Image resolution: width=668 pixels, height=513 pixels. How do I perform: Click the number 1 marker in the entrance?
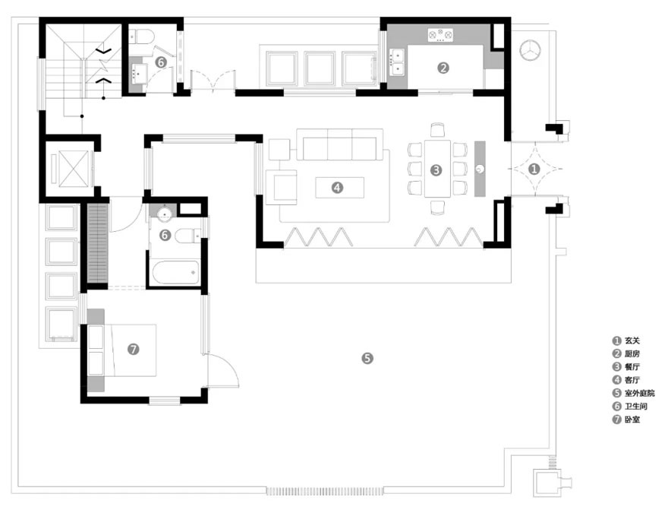pyautogui.click(x=534, y=169)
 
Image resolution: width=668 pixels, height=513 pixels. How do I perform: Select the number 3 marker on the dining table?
pyautogui.click(x=436, y=170)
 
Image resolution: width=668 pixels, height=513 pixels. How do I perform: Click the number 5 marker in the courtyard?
pyautogui.click(x=367, y=357)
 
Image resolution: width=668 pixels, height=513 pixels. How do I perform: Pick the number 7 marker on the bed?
pyautogui.click(x=134, y=349)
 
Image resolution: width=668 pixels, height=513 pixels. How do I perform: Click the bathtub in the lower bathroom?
pyautogui.click(x=175, y=271)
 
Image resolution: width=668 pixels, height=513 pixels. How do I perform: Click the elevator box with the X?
pyautogui.click(x=67, y=166)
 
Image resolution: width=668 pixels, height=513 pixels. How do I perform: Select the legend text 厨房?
pyautogui.click(x=633, y=353)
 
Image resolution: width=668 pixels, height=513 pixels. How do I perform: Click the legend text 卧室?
pyautogui.click(x=633, y=419)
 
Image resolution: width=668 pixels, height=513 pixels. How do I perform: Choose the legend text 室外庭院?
pyautogui.click(x=639, y=393)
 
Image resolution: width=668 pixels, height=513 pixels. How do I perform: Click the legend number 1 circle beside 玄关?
pyautogui.click(x=616, y=340)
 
